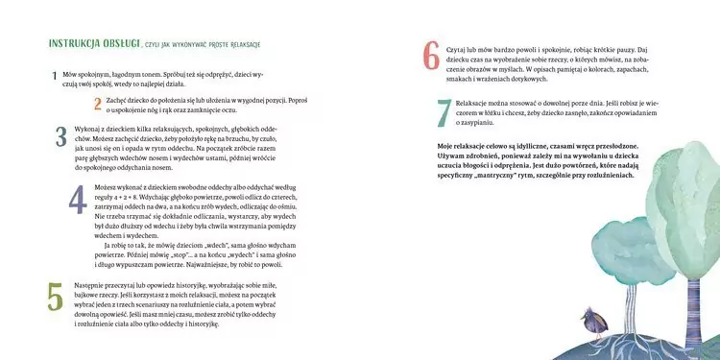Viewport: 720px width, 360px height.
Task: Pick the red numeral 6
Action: point(432,57)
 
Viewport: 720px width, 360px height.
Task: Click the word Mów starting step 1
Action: point(69,73)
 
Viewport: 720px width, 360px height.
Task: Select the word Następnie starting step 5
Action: point(92,287)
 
